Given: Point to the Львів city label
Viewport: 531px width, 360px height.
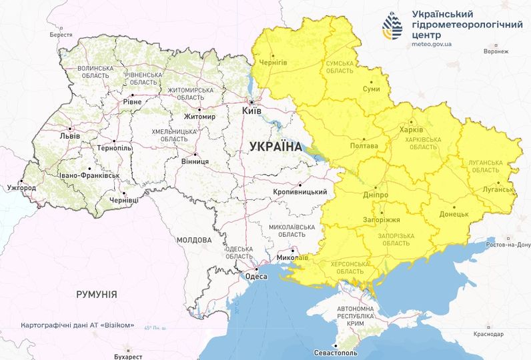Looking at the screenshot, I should point(69,135).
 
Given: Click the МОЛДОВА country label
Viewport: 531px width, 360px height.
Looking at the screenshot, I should point(194,239).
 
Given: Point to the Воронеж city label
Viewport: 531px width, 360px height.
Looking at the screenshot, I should point(496,51).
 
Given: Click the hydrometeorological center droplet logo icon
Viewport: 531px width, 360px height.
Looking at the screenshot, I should point(392,25).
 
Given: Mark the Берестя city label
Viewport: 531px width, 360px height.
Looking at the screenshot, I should point(61,34).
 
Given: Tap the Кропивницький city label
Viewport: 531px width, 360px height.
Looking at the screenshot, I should point(299,192).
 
